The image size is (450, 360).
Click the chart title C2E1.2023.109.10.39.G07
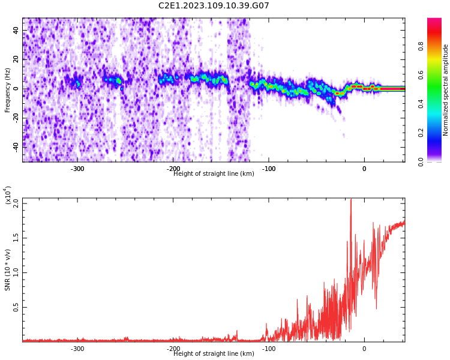(214, 6)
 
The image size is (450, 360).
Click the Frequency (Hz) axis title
(8, 90)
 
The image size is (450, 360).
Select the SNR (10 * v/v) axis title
(8, 270)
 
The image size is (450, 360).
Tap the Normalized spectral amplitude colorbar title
(446, 90)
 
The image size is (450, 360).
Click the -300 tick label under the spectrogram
(77, 169)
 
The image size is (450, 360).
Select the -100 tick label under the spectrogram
(268, 169)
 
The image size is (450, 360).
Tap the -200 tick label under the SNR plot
(173, 349)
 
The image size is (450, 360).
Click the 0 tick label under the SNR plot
(364, 349)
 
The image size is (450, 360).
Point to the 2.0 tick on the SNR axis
(16, 203)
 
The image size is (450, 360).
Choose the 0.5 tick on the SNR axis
(16, 307)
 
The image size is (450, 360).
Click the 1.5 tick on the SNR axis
(16, 238)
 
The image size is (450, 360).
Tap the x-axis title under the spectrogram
(214, 174)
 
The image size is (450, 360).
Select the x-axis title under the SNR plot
(214, 354)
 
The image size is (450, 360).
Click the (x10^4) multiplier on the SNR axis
(8, 195)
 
